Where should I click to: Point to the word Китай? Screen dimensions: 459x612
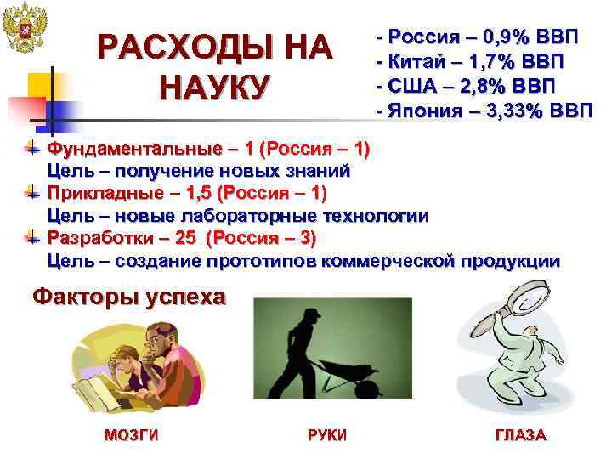pos(416,62)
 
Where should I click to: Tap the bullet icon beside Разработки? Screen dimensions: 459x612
pos(32,235)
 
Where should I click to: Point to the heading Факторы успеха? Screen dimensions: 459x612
pos(129,297)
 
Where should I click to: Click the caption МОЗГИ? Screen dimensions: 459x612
pos(131,435)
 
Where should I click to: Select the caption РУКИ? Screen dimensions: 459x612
pos(327,435)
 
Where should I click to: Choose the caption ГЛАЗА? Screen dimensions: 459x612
pos(520,435)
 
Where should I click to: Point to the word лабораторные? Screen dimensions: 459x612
pos(256,215)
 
